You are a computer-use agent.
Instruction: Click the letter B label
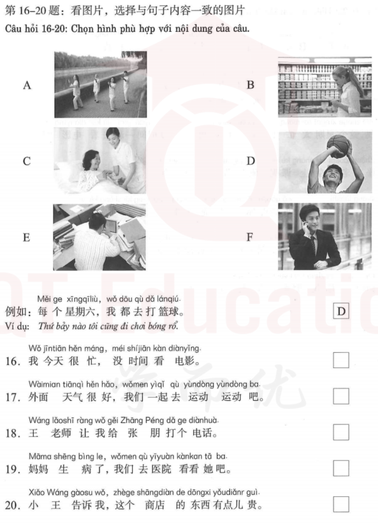point(251,85)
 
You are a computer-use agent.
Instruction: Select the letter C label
point(27,161)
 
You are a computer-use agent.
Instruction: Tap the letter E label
point(26,238)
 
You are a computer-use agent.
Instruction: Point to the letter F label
point(250,237)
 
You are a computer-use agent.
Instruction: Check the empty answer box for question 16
point(342,360)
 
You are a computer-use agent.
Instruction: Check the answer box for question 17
point(342,396)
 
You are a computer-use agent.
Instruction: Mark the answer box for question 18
point(342,433)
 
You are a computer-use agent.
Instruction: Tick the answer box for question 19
point(342,469)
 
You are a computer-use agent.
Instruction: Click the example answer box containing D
point(342,312)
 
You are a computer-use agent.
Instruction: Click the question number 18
point(12,434)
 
